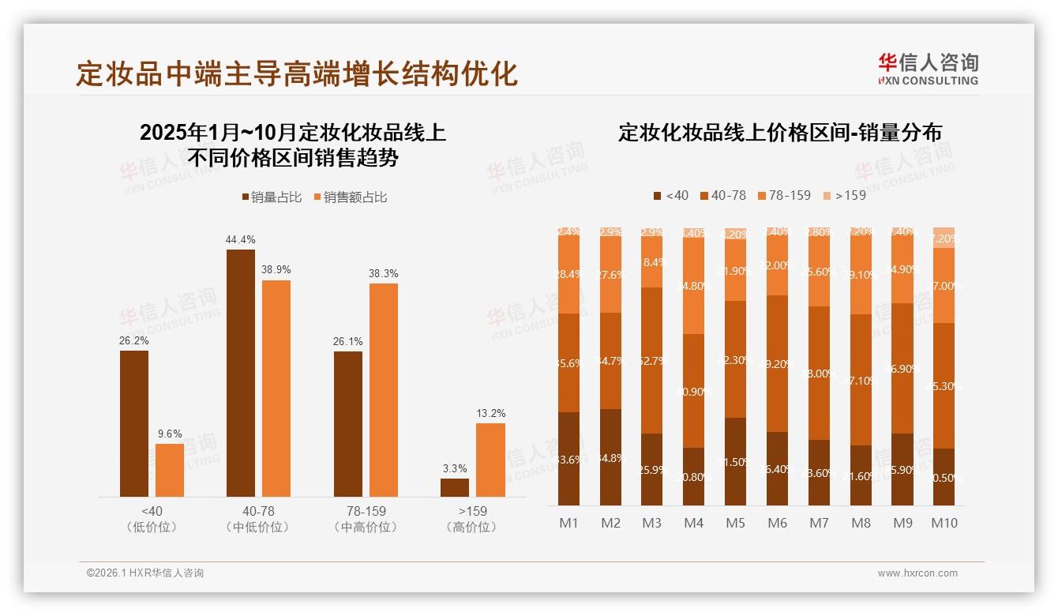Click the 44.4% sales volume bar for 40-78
[241, 373]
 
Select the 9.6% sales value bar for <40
[170, 470]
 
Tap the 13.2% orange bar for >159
[490, 460]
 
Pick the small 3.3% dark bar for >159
[455, 487]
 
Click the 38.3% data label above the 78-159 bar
[384, 273]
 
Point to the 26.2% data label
[134, 340]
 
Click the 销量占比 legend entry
[272, 197]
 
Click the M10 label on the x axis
[944, 523]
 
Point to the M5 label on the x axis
[735, 523]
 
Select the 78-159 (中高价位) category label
[366, 519]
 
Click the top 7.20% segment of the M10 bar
[944, 238]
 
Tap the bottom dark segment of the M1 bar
[568, 459]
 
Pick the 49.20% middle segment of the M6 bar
[777, 364]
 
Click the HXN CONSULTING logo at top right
[928, 69]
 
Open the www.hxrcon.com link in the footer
[917, 573]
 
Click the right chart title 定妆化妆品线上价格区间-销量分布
[779, 133]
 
